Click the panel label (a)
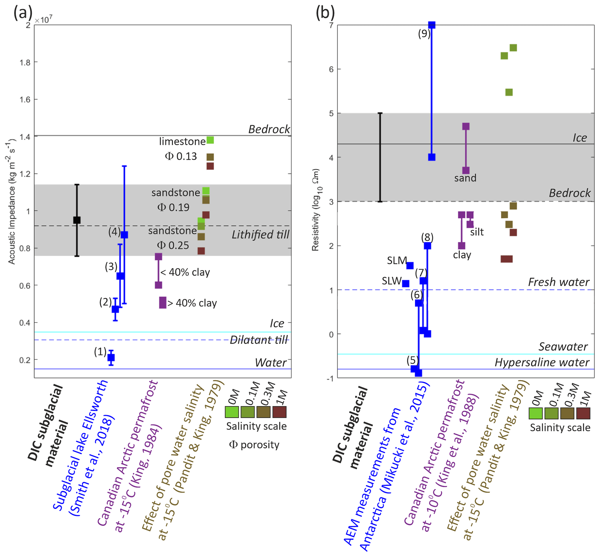click(x=23, y=13)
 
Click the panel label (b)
click(x=325, y=13)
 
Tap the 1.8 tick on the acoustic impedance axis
click(x=25, y=62)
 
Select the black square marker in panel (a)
click(x=77, y=220)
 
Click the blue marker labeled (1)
click(x=111, y=358)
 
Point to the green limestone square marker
click(x=210, y=140)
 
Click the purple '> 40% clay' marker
click(x=163, y=303)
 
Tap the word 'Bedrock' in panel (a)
click(x=269, y=129)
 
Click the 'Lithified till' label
click(x=260, y=235)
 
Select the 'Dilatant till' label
click(x=259, y=340)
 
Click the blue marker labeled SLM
click(x=410, y=266)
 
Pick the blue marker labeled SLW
click(x=406, y=283)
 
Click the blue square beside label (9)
click(x=432, y=25)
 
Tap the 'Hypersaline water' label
click(x=542, y=362)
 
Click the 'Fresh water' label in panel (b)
click(x=559, y=282)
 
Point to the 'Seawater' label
click(x=563, y=347)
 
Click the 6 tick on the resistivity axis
click(x=331, y=69)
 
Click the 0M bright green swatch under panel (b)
click(x=536, y=414)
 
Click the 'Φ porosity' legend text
click(x=254, y=445)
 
